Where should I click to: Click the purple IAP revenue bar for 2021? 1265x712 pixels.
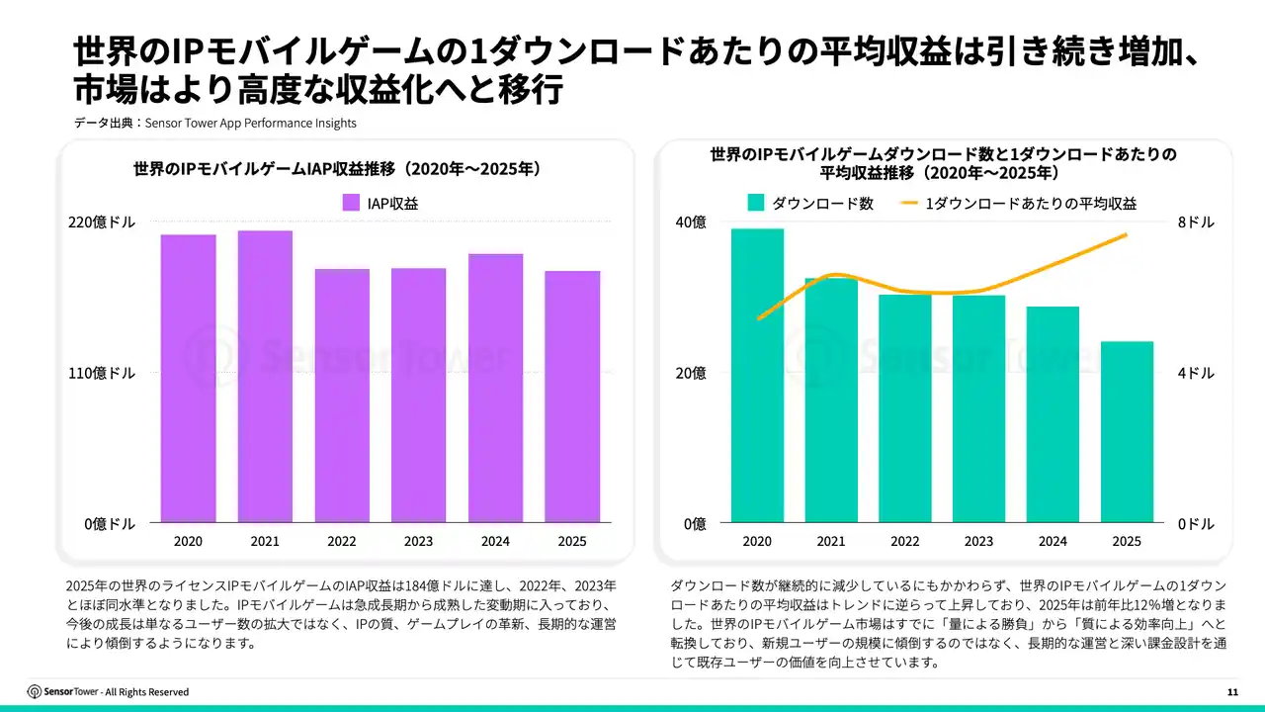point(265,376)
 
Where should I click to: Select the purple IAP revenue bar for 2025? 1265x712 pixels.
point(572,396)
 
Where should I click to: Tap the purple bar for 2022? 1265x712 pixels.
point(342,395)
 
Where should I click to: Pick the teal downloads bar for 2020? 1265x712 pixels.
point(757,375)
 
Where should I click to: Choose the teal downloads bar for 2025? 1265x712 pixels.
point(1127,431)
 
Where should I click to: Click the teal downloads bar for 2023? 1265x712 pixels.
point(978,408)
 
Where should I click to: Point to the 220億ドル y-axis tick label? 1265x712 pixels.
point(102,222)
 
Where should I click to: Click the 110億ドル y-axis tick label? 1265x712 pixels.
point(102,373)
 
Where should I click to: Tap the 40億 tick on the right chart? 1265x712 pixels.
point(690,222)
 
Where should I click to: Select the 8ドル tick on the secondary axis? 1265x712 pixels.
point(1196,222)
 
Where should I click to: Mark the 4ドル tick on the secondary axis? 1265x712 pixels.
point(1196,373)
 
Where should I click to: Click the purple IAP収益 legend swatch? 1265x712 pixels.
point(351,203)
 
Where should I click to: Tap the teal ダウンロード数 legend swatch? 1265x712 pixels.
point(756,203)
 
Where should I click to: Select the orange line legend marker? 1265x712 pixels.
point(910,203)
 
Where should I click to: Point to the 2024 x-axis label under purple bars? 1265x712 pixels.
point(495,541)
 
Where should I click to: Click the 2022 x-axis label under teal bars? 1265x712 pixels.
point(904,541)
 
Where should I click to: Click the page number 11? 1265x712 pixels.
point(1232,691)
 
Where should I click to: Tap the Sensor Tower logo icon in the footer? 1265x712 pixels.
point(35,691)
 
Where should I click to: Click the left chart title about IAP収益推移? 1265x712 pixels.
point(336,169)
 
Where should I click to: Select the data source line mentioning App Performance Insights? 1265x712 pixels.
point(214,124)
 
